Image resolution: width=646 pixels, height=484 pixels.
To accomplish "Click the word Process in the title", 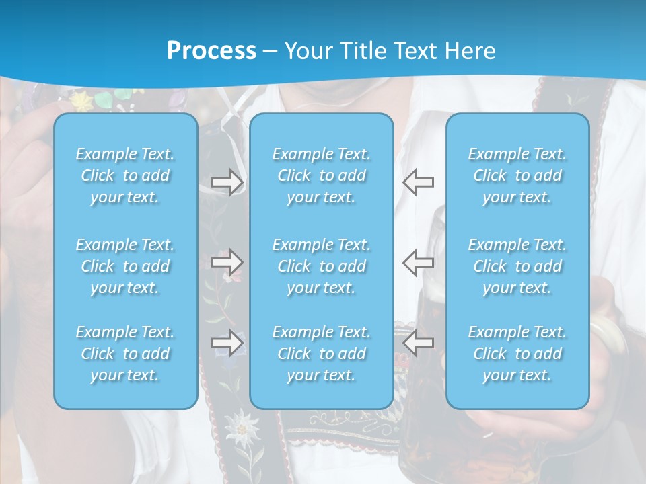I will (211, 51).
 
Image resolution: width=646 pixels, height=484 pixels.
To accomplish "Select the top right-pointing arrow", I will (227, 182).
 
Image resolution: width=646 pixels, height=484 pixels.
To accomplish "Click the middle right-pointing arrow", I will (227, 262).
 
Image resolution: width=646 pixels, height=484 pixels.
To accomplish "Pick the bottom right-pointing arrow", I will (227, 343).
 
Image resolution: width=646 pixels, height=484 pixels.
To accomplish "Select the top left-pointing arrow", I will (419, 182).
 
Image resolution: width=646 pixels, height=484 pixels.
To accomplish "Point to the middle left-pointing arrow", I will (419, 262).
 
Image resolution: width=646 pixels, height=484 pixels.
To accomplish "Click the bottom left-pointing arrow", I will (419, 343).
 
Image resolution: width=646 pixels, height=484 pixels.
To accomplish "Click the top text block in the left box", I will (125, 175).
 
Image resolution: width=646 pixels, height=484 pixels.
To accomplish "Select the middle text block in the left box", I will (125, 266).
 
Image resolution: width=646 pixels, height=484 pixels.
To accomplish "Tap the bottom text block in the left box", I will (125, 354).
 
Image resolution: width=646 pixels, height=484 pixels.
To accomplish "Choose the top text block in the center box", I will (322, 175).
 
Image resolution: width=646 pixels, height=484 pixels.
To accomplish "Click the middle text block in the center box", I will (322, 266).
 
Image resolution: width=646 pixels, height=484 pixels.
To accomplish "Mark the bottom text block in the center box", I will (322, 354).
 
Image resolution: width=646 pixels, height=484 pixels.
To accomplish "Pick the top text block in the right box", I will (517, 175).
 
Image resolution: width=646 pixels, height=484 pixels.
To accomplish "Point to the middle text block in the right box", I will (517, 266).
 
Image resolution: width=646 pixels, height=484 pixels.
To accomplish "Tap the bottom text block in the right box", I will (517, 354).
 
